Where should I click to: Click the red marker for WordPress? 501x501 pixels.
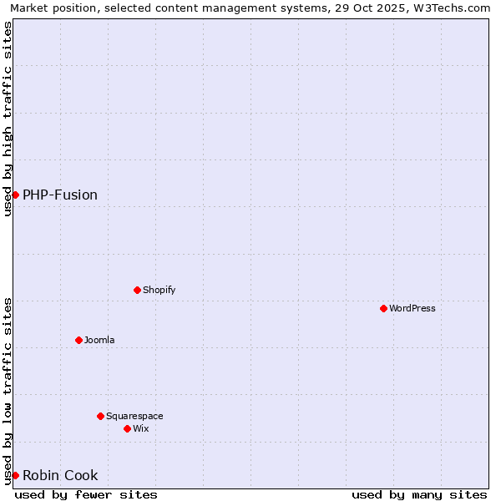click(383, 308)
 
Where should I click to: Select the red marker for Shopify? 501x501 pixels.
click(137, 290)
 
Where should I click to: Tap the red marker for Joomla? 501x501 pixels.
click(78, 340)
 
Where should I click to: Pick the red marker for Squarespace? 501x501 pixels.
click(100, 416)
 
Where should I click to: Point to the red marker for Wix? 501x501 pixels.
click(127, 428)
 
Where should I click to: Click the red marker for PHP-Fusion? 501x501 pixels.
click(15, 195)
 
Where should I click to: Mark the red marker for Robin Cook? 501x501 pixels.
click(15, 475)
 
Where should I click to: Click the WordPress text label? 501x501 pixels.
click(412, 308)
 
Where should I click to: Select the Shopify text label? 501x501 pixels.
click(159, 290)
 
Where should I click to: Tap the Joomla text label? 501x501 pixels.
click(99, 340)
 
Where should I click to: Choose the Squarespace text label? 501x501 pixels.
click(134, 416)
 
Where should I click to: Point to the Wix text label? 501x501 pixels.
click(141, 428)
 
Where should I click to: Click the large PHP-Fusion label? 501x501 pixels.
click(60, 195)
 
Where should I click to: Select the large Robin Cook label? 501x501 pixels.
click(60, 475)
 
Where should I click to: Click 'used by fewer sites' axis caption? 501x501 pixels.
click(86, 494)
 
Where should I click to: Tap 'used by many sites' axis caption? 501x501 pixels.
click(419, 494)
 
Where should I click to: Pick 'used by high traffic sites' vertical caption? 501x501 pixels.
click(8, 119)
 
